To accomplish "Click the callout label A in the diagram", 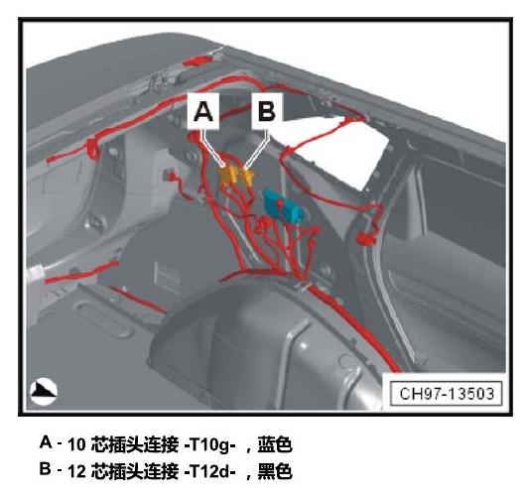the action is (x=203, y=111).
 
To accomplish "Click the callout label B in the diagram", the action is (x=267, y=111).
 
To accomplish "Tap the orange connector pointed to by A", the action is (x=228, y=176).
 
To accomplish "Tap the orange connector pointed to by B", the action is (x=248, y=177).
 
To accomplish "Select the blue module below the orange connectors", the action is (x=282, y=207).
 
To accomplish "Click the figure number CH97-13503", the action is (x=447, y=394).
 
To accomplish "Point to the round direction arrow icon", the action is (x=44, y=392).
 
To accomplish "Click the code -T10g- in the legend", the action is (x=209, y=445).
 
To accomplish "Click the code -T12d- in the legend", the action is (x=209, y=471).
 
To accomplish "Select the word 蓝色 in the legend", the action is (x=275, y=444).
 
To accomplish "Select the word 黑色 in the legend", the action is (x=275, y=471).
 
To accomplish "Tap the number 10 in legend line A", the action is (x=76, y=445).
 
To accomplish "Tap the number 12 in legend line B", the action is (x=76, y=471).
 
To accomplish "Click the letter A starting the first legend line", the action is (x=46, y=442).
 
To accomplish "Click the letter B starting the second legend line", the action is (x=46, y=468).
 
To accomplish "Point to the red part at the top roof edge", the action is (x=197, y=61).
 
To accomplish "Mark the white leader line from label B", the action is (x=259, y=149).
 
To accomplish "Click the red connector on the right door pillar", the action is (x=366, y=239).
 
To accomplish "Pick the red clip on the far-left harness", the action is (x=93, y=149).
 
